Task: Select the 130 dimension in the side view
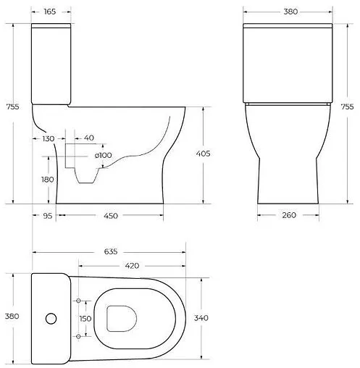coord(48,138)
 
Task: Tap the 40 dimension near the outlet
coord(88,138)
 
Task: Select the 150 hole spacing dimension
coord(85,319)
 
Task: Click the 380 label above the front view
coord(288,12)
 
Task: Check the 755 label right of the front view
coord(348,106)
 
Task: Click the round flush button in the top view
coord(50,318)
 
